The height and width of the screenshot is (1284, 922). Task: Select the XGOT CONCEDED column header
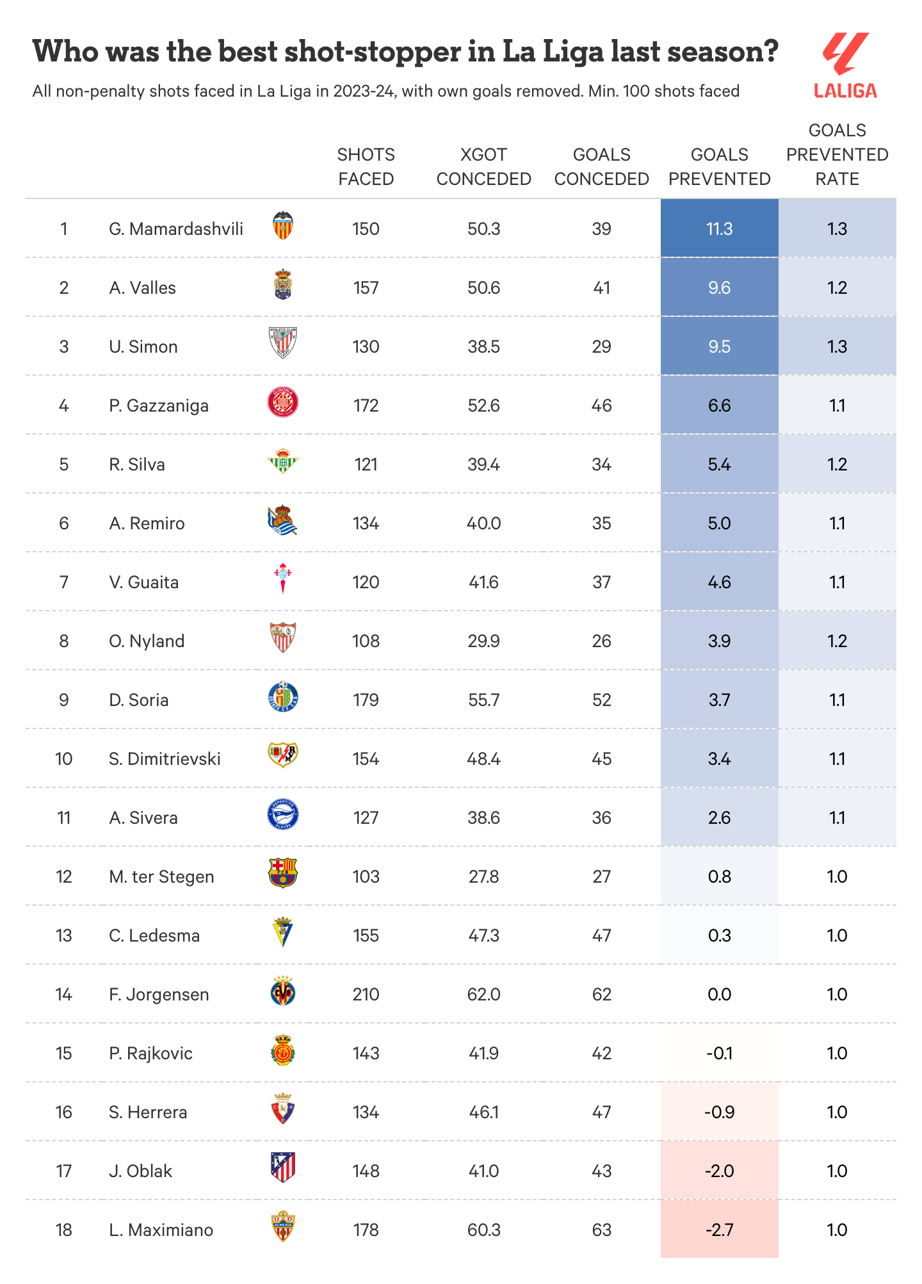[x=483, y=167]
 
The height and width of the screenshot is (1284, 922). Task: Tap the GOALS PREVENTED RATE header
[x=837, y=155]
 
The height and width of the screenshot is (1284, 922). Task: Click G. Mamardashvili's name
[x=176, y=229]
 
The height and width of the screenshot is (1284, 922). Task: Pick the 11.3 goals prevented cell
[x=719, y=229]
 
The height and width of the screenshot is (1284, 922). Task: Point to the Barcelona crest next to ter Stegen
[x=282, y=873]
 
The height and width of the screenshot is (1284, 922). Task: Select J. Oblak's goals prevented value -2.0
[x=719, y=1171]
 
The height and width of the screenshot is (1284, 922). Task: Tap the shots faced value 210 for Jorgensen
[x=366, y=995]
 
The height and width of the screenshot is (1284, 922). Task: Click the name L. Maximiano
[x=161, y=1230]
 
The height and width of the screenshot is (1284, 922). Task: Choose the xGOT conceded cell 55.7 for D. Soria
[x=483, y=700]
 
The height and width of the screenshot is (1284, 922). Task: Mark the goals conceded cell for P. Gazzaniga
[x=601, y=406]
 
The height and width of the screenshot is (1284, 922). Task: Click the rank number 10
[x=64, y=759]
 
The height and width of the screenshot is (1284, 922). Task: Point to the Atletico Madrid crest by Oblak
[x=282, y=1168]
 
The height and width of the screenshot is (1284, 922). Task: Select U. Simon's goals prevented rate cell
[x=837, y=347]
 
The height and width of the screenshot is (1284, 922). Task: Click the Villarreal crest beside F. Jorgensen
[x=282, y=991]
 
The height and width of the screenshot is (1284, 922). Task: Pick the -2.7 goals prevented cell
[x=719, y=1230]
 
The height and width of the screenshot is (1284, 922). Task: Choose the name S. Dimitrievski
[x=165, y=759]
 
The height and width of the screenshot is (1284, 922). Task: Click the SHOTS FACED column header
[x=366, y=167]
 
